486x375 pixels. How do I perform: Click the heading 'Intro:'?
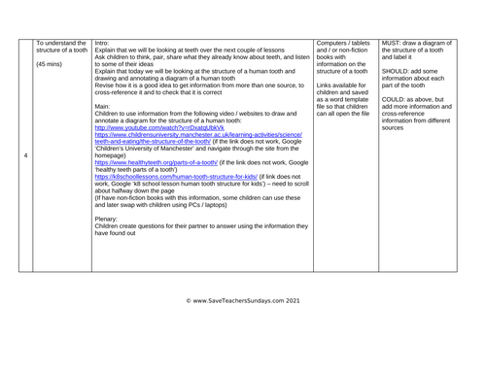[x=104, y=43]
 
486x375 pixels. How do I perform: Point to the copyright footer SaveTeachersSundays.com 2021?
[x=244, y=301]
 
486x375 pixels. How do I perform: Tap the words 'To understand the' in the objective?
[x=60, y=43]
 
